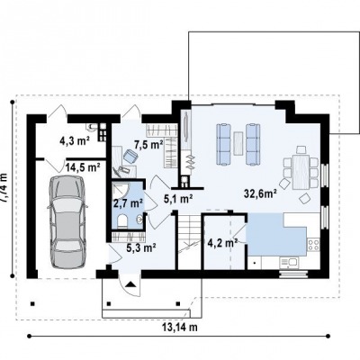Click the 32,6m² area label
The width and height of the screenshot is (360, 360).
coord(260,194)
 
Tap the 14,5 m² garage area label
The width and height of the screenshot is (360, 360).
coord(83,167)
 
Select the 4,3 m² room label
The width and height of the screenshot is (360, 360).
coord(75,140)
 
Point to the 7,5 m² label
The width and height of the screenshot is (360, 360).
coord(148,145)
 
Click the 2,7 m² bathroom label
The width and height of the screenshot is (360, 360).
coord(128,203)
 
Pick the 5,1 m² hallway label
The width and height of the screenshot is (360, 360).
coord(178,198)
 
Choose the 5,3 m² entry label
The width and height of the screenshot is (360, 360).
coord(141,247)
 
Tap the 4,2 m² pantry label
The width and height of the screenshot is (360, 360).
coord(223,242)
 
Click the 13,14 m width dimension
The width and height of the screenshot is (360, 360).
coord(180,328)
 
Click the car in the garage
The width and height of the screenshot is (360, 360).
coord(67,222)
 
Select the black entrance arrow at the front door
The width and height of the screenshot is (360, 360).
coord(130,283)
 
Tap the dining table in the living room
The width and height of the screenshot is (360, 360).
coord(301,172)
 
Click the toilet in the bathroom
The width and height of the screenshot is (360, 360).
coord(122,221)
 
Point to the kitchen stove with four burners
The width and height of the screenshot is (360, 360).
coord(313,245)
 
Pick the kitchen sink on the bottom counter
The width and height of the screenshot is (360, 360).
coord(288,263)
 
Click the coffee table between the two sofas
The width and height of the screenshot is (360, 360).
coord(238,143)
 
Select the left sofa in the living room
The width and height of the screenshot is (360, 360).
coord(224,144)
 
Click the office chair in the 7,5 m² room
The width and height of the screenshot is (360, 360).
coord(130,156)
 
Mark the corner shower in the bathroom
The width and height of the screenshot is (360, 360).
coord(120,189)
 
